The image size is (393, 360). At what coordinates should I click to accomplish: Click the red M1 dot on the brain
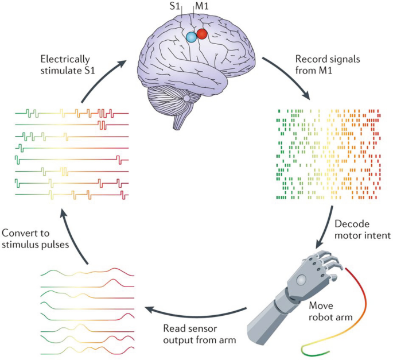(201, 34)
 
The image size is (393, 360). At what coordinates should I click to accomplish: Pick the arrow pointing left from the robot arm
(195, 312)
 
